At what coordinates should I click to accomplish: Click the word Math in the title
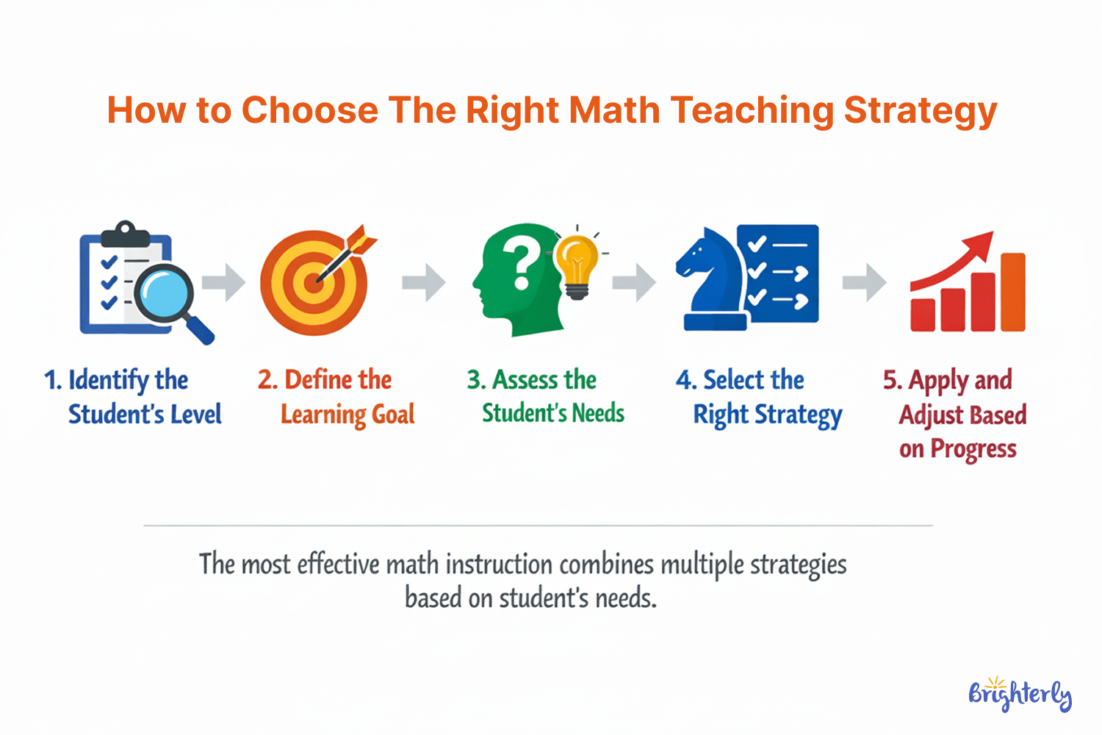tap(615, 110)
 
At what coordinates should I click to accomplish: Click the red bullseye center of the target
tap(314, 283)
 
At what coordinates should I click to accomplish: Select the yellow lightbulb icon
tap(576, 265)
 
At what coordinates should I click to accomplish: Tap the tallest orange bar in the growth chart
tap(1012, 292)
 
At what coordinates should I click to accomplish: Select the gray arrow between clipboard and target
tap(224, 282)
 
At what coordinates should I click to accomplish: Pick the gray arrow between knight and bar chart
tap(865, 282)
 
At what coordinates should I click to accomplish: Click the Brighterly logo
tap(1020, 693)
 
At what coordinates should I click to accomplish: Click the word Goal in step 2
tap(394, 415)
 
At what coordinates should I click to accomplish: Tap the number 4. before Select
tap(685, 380)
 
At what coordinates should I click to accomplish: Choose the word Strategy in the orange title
tap(921, 110)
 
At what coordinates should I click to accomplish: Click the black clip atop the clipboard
tap(126, 234)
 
